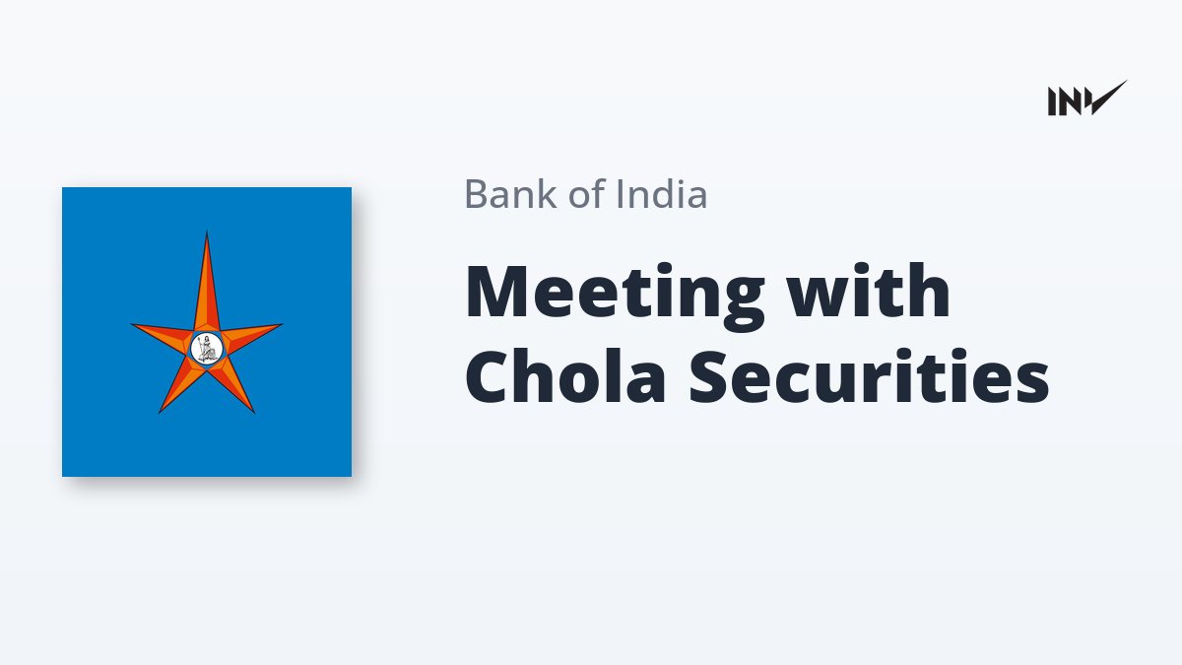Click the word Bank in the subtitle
[511, 194]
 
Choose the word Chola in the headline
[565, 375]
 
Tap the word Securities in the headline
[870, 375]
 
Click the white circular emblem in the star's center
[206, 349]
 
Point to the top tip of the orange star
[207, 232]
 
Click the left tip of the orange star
[132, 325]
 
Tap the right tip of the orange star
[283, 324]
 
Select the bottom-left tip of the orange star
[160, 412]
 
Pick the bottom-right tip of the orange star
[254, 412]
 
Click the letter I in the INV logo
[1052, 101]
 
